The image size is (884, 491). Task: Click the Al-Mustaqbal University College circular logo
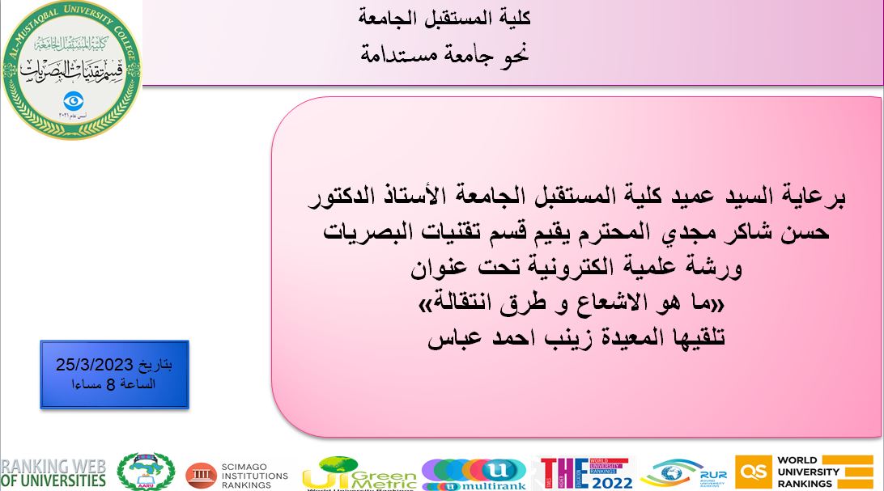71,71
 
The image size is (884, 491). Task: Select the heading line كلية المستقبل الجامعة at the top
444,16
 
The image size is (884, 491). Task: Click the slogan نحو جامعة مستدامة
444,55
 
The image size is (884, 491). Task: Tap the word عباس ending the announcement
453,337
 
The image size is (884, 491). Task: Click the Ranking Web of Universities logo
53,472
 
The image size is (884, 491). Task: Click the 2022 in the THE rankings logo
602,481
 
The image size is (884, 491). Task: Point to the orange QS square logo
753,472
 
